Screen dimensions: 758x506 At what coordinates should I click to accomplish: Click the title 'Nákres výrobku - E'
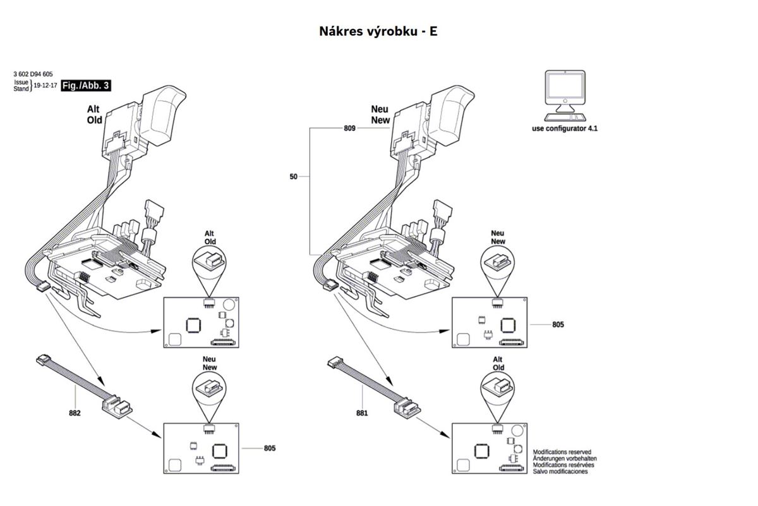[378, 32]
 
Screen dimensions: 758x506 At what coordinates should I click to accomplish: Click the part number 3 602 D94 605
[33, 74]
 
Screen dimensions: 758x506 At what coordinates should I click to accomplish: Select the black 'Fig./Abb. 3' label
[86, 85]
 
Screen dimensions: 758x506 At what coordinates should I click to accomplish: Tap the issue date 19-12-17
[45, 85]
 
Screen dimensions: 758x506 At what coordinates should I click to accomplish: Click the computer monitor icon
[565, 96]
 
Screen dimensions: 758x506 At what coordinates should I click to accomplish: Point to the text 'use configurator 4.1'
[565, 128]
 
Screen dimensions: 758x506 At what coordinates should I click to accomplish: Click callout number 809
[349, 128]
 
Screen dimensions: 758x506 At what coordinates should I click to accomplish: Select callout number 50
[293, 176]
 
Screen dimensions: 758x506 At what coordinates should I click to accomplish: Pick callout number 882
[75, 413]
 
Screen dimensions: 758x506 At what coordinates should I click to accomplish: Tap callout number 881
[362, 413]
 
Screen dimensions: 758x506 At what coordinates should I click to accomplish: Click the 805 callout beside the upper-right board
[558, 324]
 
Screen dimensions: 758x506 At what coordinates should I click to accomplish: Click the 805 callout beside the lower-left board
[270, 448]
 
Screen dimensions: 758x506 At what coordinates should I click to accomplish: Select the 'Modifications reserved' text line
[562, 452]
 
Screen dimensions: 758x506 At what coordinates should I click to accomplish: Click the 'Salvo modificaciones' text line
[560, 471]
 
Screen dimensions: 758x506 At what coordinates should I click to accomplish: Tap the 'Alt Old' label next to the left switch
[94, 114]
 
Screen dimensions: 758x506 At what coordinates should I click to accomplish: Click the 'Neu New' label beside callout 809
[380, 114]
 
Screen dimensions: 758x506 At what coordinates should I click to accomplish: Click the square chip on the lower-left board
[220, 451]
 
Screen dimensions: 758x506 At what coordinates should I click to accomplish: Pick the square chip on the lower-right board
[481, 451]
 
